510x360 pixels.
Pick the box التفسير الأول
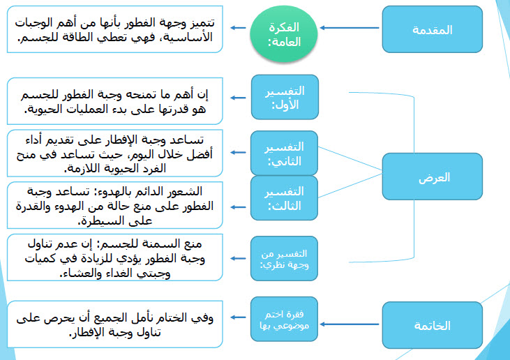(284, 97)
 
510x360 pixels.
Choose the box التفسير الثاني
(284, 153)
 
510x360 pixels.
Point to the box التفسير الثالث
(284, 198)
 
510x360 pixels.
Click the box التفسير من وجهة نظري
(284, 258)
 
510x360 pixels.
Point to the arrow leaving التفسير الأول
(239, 98)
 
